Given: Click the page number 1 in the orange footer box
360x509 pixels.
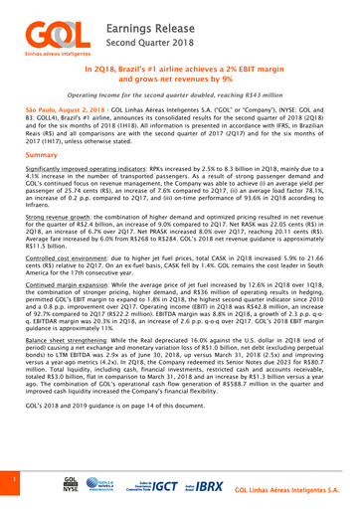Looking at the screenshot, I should click(x=9, y=476).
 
